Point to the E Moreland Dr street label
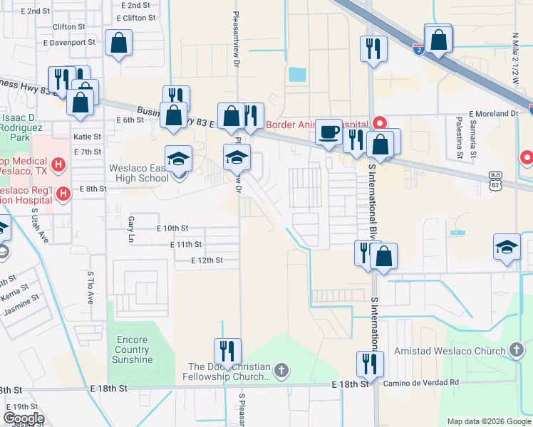pos(493,114)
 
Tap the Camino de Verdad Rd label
pos(418,382)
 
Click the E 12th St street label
pos(207,260)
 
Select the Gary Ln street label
pos(130,229)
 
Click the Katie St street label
pos(87,136)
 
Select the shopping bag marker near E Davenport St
pos(118,43)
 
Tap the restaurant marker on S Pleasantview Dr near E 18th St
pos(227,351)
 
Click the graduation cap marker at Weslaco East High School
pos(179,158)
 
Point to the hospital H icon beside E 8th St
pos(63,193)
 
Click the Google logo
pos(24,418)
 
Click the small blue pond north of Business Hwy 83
pos(296,74)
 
